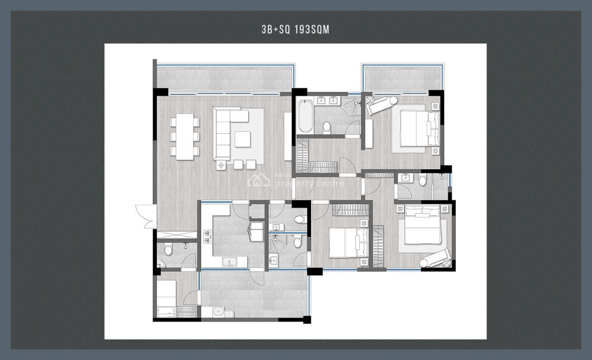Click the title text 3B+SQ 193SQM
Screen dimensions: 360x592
click(295, 30)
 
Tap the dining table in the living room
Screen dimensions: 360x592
click(185, 136)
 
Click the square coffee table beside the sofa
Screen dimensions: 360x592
click(242, 139)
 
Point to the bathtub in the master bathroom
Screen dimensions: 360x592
click(305, 116)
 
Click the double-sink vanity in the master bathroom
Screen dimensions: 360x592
click(327, 102)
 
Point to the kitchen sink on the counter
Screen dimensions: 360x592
click(229, 261)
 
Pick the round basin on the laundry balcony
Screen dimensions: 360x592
click(218, 312)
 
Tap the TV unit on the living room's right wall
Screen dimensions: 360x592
click(288, 136)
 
